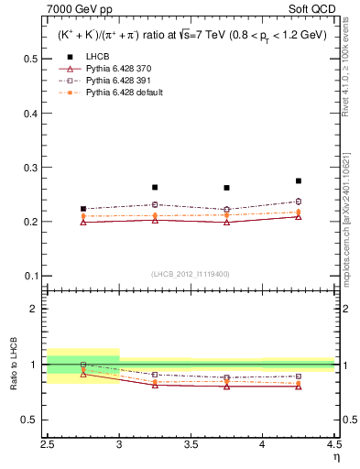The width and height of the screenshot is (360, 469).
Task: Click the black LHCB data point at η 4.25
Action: point(299,181)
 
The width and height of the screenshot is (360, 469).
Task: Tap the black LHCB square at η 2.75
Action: point(83,209)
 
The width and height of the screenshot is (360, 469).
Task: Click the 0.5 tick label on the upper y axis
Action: point(31,59)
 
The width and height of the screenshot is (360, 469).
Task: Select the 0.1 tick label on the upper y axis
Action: point(31,276)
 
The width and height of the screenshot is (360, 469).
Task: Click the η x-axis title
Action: point(334,457)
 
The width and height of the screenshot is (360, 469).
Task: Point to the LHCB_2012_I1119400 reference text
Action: point(191,274)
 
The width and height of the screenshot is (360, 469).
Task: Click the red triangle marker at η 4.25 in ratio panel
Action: point(299,387)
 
